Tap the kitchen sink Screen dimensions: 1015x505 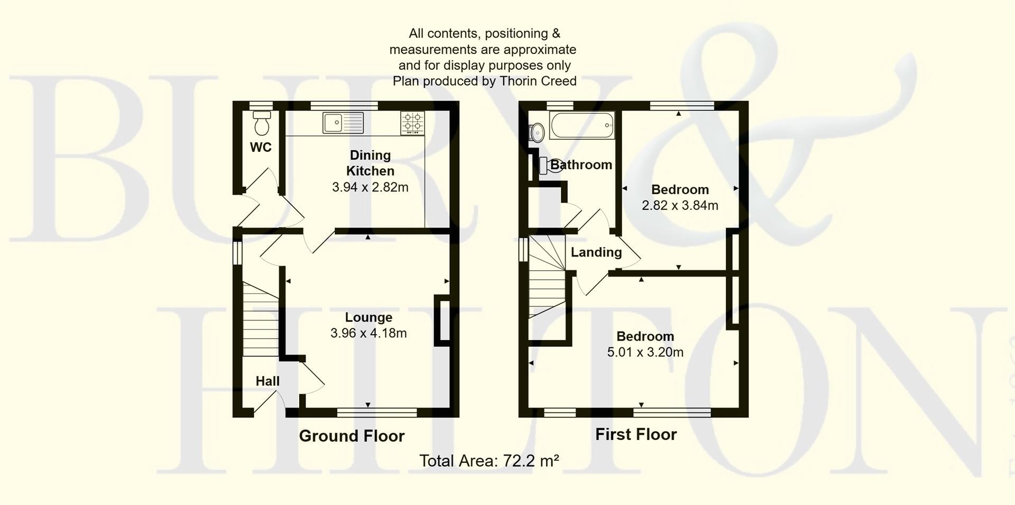[x=343, y=123]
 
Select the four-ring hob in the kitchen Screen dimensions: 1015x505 [x=412, y=123]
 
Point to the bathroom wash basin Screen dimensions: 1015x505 [x=537, y=133]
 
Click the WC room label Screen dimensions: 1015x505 [x=261, y=148]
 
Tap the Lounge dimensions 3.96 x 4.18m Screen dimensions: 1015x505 [x=368, y=333]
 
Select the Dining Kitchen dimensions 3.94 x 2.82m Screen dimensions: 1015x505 [x=370, y=187]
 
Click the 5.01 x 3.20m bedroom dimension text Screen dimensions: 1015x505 [x=645, y=352]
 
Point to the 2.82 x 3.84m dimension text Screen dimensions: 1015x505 [x=680, y=205]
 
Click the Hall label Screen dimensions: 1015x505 [x=267, y=381]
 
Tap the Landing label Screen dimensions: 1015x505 [x=596, y=252]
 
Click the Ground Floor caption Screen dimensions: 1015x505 [x=352, y=436]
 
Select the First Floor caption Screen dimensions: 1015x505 [x=636, y=434]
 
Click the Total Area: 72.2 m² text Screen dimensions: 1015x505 [x=489, y=461]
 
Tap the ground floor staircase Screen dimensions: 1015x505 [x=261, y=319]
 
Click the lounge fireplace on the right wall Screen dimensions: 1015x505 [x=441, y=321]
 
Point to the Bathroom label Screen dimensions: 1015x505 [x=581, y=165]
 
